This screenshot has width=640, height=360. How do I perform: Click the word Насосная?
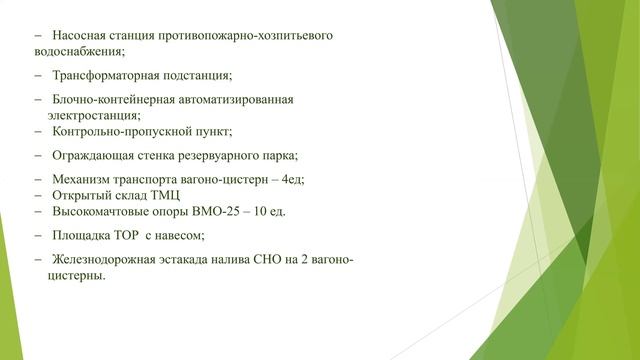tap(78, 35)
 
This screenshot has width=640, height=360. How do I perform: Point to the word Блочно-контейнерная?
tap(109, 100)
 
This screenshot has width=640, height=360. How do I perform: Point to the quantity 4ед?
tap(291, 180)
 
